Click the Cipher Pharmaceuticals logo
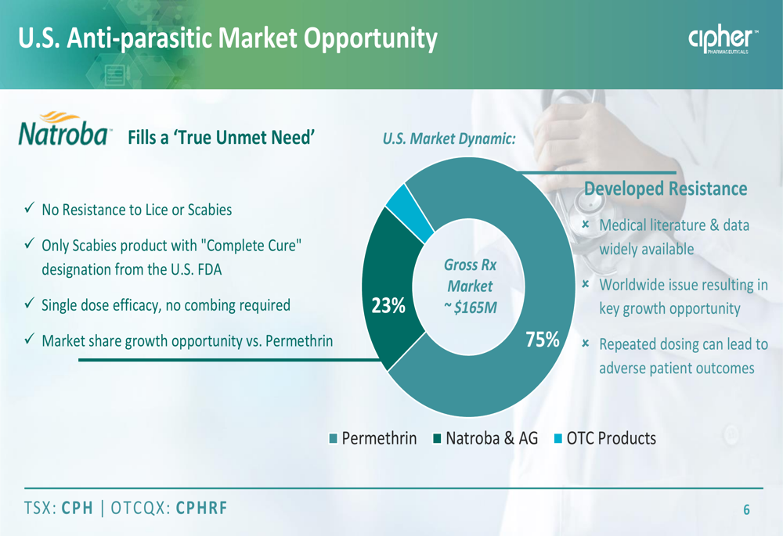click(723, 38)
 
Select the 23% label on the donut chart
click(388, 305)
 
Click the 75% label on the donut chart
click(543, 340)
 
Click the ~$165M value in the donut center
click(471, 308)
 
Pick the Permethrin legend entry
click(373, 438)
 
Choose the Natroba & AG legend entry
click(486, 438)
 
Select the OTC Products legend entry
click(605, 438)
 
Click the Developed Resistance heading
click(666, 189)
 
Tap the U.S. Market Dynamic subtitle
click(449, 138)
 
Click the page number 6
click(746, 509)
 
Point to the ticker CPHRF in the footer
click(202, 508)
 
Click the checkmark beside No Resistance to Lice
click(30, 207)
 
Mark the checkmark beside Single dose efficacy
click(30, 303)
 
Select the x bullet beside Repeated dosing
click(586, 344)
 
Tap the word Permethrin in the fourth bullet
click(299, 341)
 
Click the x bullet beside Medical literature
click(586, 225)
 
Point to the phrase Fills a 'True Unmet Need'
click(222, 137)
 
